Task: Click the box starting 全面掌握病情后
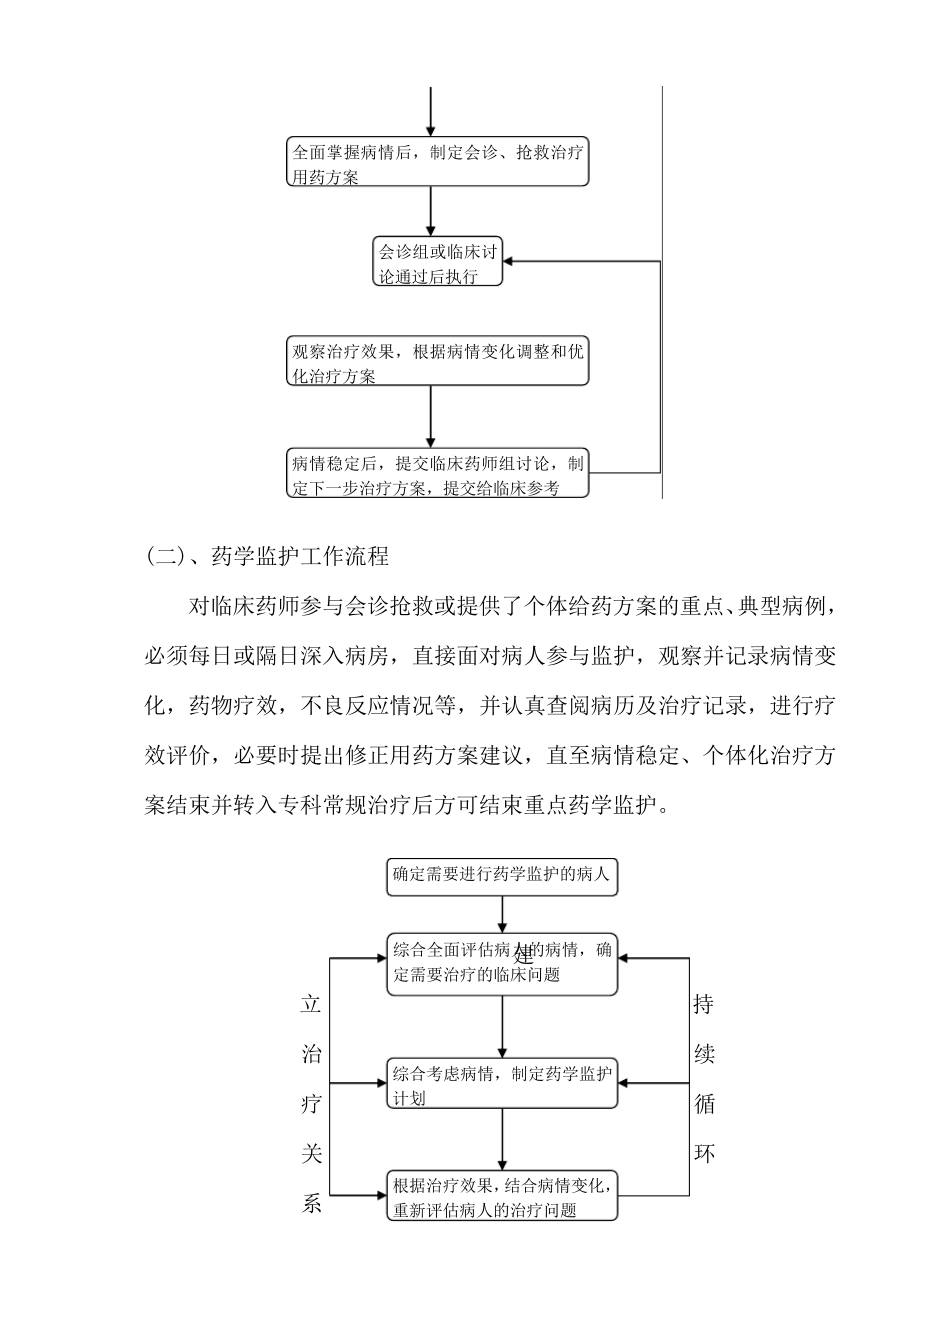coord(438,162)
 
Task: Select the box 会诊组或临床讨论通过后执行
coord(437,262)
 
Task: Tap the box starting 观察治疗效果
coord(438,362)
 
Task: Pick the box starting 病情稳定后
coord(438,474)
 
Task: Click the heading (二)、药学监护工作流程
coord(267,556)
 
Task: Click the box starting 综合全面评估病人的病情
coord(502,963)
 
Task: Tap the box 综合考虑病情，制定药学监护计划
coord(502,1084)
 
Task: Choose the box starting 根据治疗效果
coord(502,1196)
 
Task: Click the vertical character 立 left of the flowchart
coord(311,1004)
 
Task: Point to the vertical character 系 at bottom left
coord(311,1204)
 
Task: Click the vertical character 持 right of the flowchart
coord(704,1004)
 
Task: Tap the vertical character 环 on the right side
coord(704,1154)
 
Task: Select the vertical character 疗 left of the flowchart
coord(311,1104)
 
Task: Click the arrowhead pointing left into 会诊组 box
coord(510,262)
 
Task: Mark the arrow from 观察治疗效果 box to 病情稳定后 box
coord(431,416)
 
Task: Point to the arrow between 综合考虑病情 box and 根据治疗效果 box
coord(502,1140)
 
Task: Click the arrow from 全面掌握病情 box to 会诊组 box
coord(431,211)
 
